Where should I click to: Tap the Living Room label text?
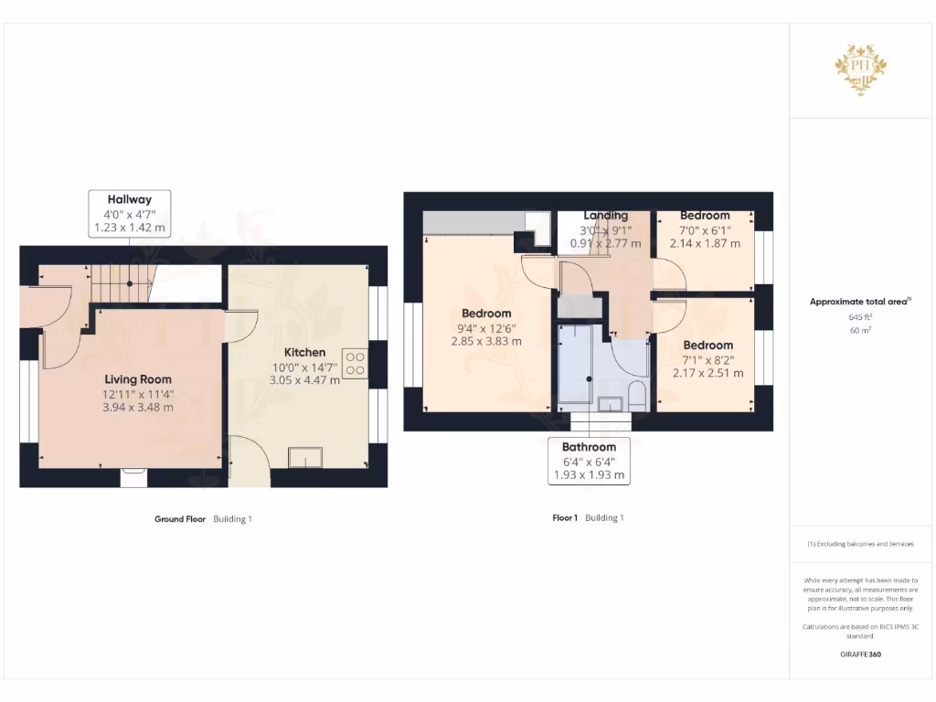point(137,379)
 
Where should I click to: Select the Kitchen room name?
point(304,352)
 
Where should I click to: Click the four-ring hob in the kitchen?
point(355,364)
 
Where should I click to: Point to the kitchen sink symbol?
point(305,457)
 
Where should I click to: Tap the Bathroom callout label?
point(589,447)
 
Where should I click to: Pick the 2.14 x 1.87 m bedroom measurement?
point(704,243)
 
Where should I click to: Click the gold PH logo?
point(858,69)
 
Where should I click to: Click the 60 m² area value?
point(858,330)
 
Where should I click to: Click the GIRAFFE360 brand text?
point(858,654)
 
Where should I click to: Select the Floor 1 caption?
point(565,518)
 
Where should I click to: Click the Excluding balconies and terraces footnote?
point(860,544)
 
